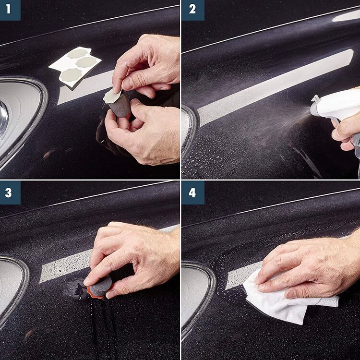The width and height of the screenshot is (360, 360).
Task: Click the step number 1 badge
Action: pos(10,10)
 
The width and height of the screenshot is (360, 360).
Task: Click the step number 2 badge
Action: pos(192,10)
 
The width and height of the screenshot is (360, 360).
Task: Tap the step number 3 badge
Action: pos(10,192)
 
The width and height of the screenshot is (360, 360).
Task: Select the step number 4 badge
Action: pos(192,192)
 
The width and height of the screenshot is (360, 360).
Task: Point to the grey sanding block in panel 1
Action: pos(120,105)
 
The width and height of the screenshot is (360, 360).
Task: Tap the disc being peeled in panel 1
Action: pos(112,96)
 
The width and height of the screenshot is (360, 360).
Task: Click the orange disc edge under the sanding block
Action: pos(96,296)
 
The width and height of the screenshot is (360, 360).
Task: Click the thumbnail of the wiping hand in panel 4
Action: pos(290,294)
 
